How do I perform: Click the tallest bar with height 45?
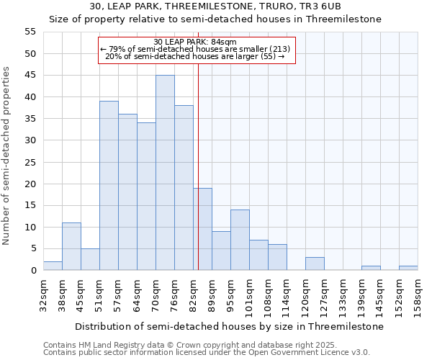click(165, 173)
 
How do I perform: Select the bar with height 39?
click(109, 186)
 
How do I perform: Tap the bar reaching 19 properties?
click(202, 229)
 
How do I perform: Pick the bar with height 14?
click(240, 240)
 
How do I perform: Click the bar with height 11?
click(71, 246)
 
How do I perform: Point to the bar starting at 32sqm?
click(53, 266)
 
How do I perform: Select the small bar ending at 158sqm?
click(408, 268)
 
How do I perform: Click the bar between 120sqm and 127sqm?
click(315, 264)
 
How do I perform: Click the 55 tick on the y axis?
click(30, 32)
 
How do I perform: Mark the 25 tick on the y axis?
click(30, 162)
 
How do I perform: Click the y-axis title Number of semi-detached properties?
click(6, 156)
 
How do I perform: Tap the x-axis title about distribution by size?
click(230, 326)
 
